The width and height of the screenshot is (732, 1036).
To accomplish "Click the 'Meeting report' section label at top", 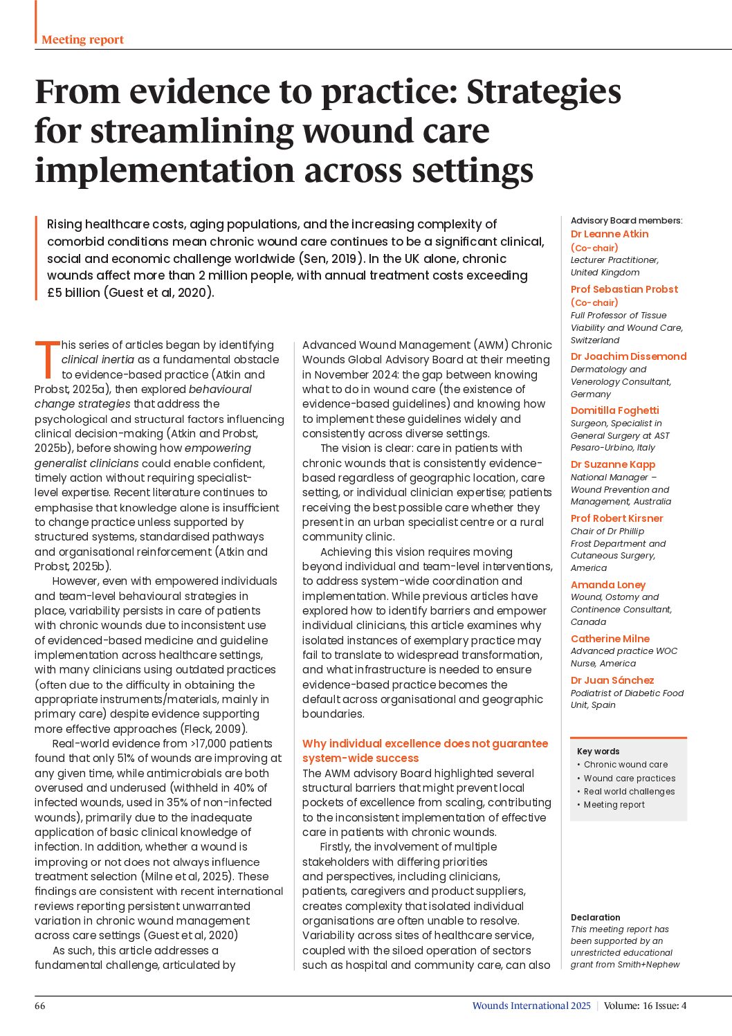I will pyautogui.click(x=82, y=39).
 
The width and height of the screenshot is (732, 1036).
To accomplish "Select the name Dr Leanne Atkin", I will pyautogui.click(x=610, y=234).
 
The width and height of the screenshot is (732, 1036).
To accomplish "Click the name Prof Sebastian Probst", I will pyautogui.click(x=624, y=289).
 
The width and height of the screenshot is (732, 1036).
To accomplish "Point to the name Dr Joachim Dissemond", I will pyautogui.click(x=628, y=356).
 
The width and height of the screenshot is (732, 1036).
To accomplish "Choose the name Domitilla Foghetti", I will pyautogui.click(x=614, y=410).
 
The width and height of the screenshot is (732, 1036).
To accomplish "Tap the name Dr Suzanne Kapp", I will pyautogui.click(x=612, y=464).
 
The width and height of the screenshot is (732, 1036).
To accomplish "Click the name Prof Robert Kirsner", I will pyautogui.click(x=616, y=518).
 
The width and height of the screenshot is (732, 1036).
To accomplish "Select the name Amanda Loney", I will pyautogui.click(x=607, y=585).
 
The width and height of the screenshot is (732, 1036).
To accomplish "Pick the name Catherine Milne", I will pyautogui.click(x=610, y=639).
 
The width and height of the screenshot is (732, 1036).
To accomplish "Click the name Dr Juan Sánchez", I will pyautogui.click(x=612, y=680).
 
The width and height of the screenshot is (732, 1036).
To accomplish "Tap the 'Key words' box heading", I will pyautogui.click(x=598, y=751).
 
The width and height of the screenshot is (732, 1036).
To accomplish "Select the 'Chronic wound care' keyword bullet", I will pyautogui.click(x=625, y=765).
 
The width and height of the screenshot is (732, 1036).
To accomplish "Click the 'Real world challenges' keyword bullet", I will pyautogui.click(x=629, y=791).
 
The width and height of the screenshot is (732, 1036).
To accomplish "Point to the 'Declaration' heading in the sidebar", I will pyautogui.click(x=595, y=917).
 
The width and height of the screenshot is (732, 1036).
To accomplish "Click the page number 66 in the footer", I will pyautogui.click(x=40, y=1006).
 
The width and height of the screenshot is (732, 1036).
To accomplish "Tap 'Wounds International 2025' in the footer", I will pyautogui.click(x=531, y=1006).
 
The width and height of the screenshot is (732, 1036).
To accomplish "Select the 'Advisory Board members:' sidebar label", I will pyautogui.click(x=626, y=221).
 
